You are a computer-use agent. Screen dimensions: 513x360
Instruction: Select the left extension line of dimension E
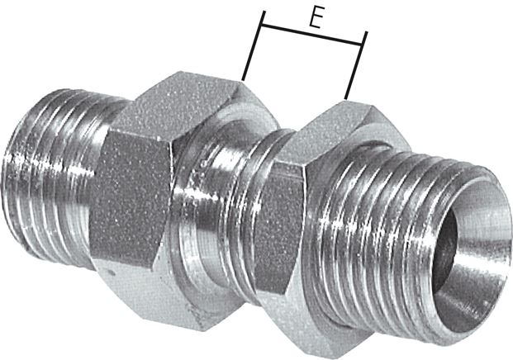254,45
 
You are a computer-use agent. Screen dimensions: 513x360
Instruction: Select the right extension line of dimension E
356,64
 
